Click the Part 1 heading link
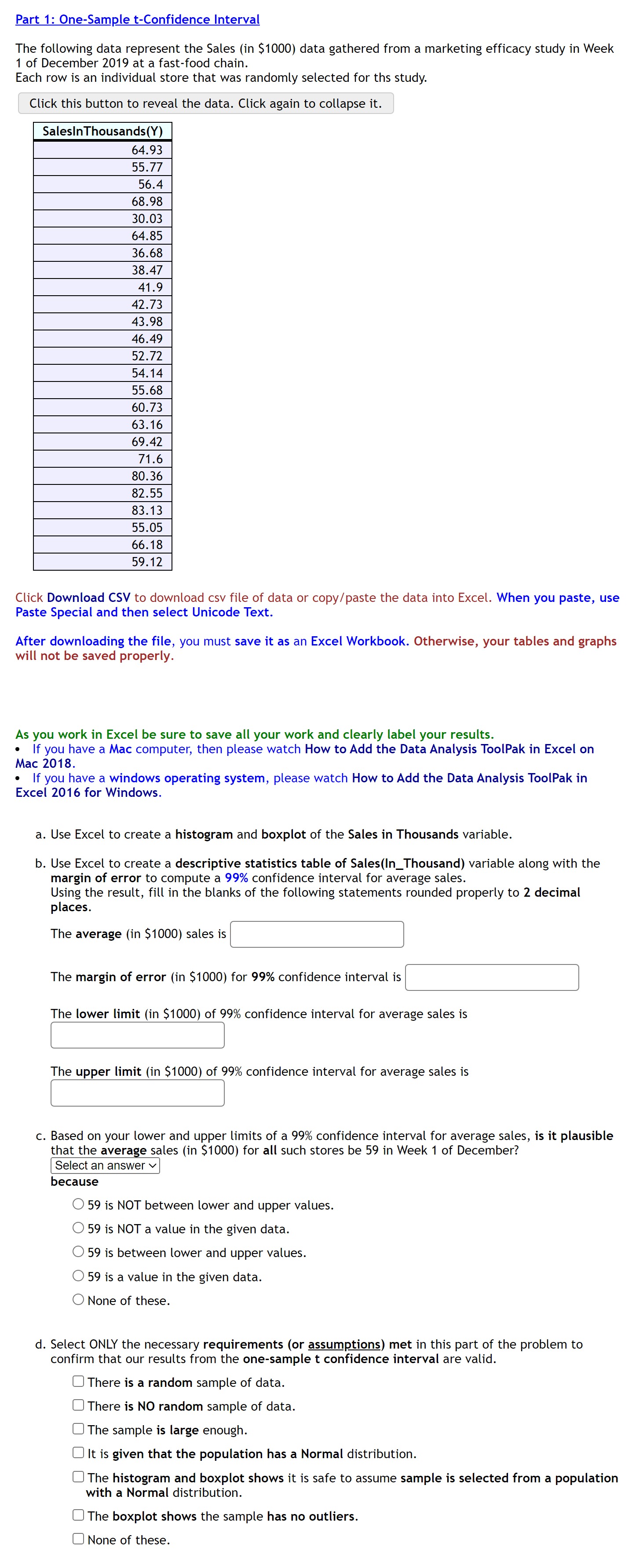click(x=138, y=19)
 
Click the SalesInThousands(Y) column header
click(x=102, y=132)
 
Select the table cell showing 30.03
click(x=102, y=219)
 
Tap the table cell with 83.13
click(x=102, y=510)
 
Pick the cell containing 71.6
click(x=102, y=459)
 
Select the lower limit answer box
click(x=138, y=1035)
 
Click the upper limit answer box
click(x=138, y=1093)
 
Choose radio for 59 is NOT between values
click(x=78, y=1204)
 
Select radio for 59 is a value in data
click(x=78, y=1276)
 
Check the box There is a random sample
click(x=78, y=1381)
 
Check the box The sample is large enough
click(x=78, y=1429)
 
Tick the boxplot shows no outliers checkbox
click(x=78, y=1515)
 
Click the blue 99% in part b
click(x=236, y=878)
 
